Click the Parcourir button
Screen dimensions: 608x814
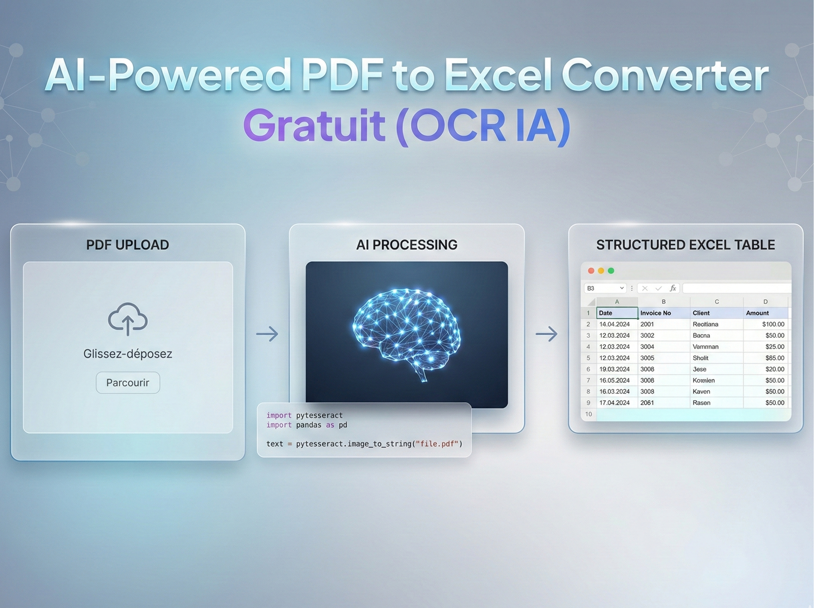[x=128, y=383]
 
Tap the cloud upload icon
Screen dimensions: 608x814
[x=128, y=319]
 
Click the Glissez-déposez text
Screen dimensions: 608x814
[x=128, y=354]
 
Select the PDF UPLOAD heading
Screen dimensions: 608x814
[x=128, y=245]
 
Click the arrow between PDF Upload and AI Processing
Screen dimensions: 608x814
[x=267, y=334]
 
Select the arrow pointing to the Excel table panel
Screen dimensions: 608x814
[x=546, y=334]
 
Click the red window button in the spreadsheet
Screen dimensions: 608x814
[x=591, y=271]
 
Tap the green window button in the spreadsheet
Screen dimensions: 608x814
[x=611, y=271]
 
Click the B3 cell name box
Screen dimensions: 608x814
[x=604, y=288]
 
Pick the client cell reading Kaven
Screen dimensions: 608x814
[x=701, y=391]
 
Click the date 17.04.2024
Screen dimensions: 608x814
[x=614, y=403]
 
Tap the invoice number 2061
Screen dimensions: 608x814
[x=647, y=403]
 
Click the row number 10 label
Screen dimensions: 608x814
[x=588, y=414]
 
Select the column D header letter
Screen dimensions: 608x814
[x=765, y=302]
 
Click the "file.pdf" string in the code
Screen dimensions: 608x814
[x=438, y=444]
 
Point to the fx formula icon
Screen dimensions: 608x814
[x=673, y=288]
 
